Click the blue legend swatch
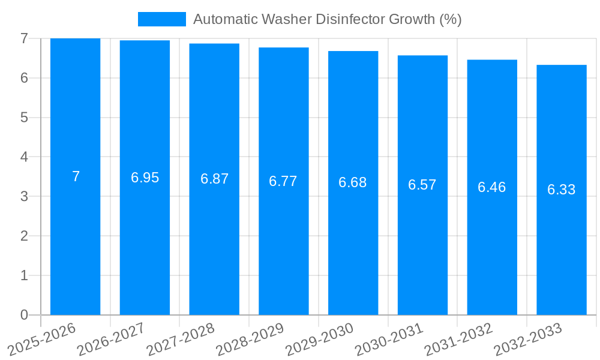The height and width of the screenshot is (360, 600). pyautogui.click(x=161, y=19)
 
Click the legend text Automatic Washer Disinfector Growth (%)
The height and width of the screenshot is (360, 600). pyautogui.click(x=327, y=19)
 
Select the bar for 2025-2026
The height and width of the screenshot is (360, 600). pyautogui.click(x=75, y=240)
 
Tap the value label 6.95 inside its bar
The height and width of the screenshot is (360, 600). pyautogui.click(x=145, y=178)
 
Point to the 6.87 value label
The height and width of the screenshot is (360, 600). pyautogui.click(x=214, y=179)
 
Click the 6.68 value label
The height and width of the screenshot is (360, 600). pyautogui.click(x=353, y=182)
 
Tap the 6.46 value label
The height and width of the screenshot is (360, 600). pyautogui.click(x=492, y=187)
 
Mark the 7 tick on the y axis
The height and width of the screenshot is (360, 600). pyautogui.click(x=24, y=38)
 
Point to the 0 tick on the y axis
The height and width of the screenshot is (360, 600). pyautogui.click(x=24, y=315)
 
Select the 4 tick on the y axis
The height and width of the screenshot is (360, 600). pyautogui.click(x=24, y=157)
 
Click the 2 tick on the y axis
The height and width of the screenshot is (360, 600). pyautogui.click(x=24, y=236)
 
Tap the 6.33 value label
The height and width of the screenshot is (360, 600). pyautogui.click(x=562, y=190)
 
